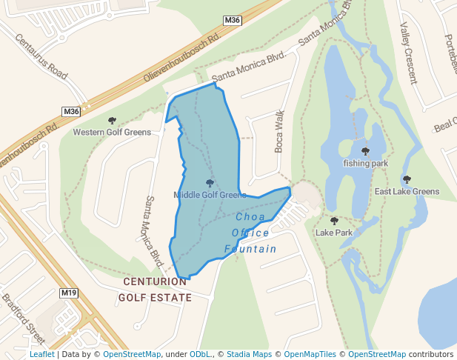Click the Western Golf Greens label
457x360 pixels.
[112, 133]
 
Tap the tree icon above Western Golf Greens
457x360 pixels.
[112, 120]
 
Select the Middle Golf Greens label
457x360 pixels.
[210, 195]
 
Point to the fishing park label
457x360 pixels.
[366, 163]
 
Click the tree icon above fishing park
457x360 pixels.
[366, 150]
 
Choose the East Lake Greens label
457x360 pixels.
[407, 191]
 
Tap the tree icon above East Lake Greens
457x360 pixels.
[407, 179]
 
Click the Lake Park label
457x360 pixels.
[334, 233]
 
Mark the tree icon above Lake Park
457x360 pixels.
[334, 221]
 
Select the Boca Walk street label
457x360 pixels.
[280, 132]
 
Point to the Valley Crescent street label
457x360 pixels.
[409, 48]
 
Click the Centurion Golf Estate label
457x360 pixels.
[156, 290]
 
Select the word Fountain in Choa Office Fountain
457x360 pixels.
[250, 249]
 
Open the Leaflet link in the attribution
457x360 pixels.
[41, 355]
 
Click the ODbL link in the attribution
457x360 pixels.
[201, 355]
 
